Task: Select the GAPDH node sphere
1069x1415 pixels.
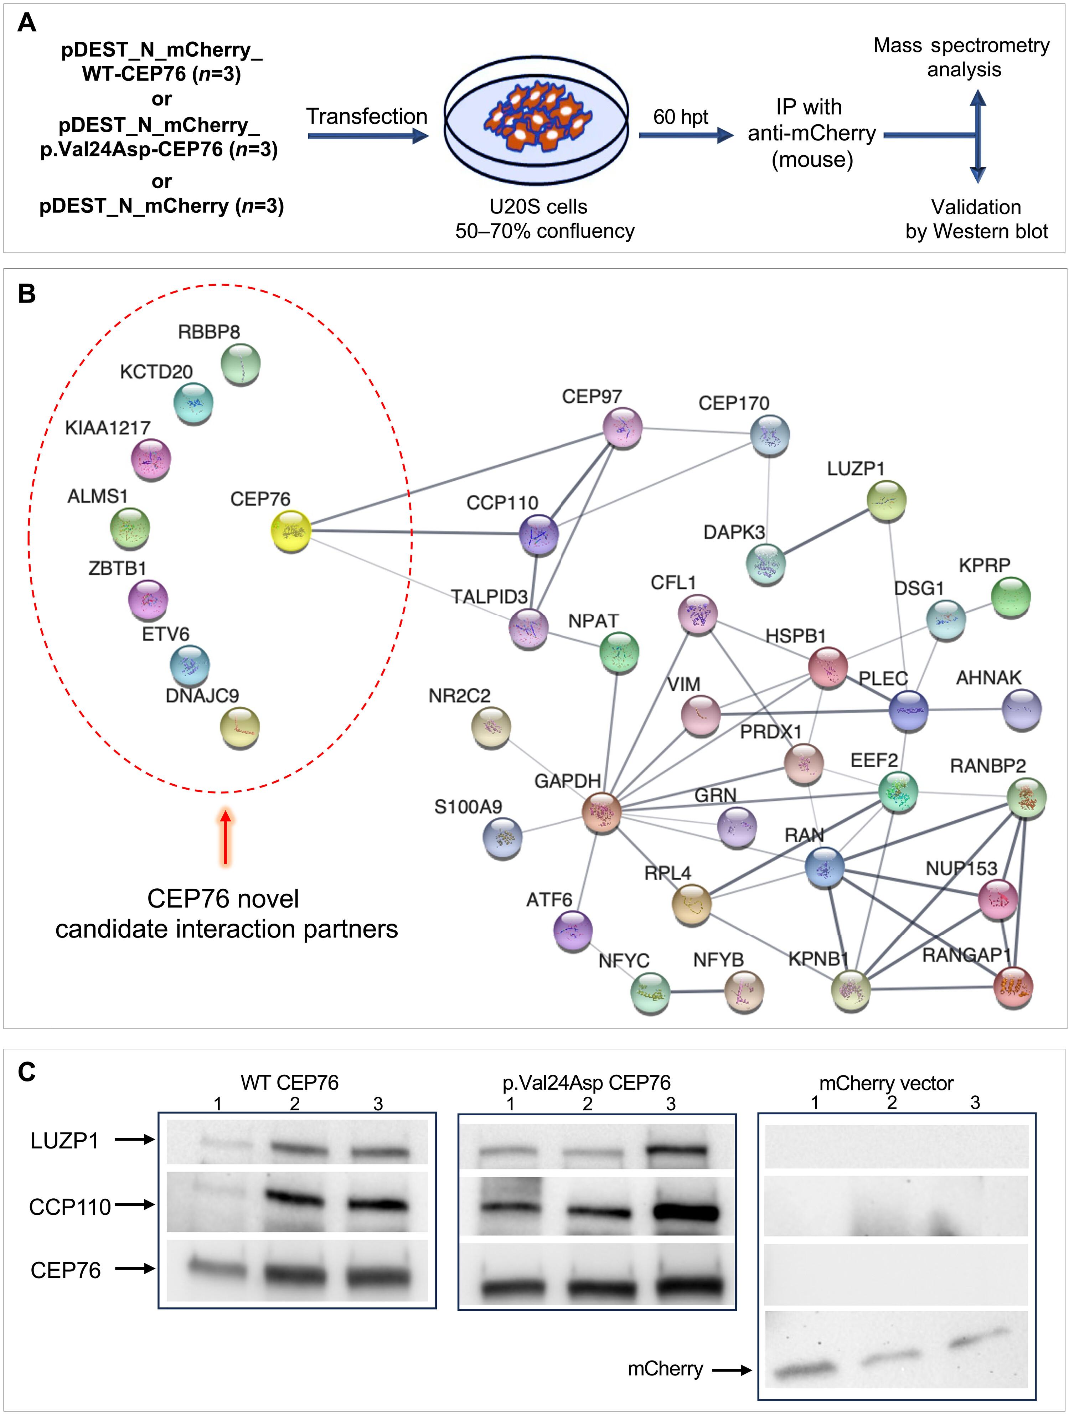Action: [602, 812]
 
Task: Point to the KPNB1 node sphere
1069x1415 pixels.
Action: [851, 989]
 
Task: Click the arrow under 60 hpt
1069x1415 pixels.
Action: [685, 135]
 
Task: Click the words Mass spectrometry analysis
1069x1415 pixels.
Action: [961, 57]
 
